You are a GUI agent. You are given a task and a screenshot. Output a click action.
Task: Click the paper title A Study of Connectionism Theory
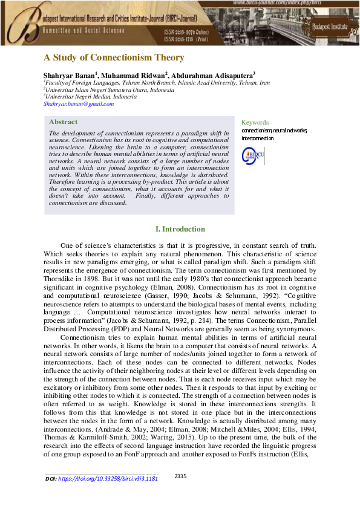[113, 58]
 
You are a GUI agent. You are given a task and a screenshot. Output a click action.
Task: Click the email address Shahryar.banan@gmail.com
[79, 104]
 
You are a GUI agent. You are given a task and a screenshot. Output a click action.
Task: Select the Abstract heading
[63, 122]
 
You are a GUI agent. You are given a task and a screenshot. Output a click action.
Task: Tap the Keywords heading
[255, 122]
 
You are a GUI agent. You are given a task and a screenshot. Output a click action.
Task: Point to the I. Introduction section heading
[180, 229]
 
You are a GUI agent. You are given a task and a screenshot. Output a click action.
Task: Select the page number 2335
[180, 476]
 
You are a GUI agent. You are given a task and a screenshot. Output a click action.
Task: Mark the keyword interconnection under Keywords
[257, 138]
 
